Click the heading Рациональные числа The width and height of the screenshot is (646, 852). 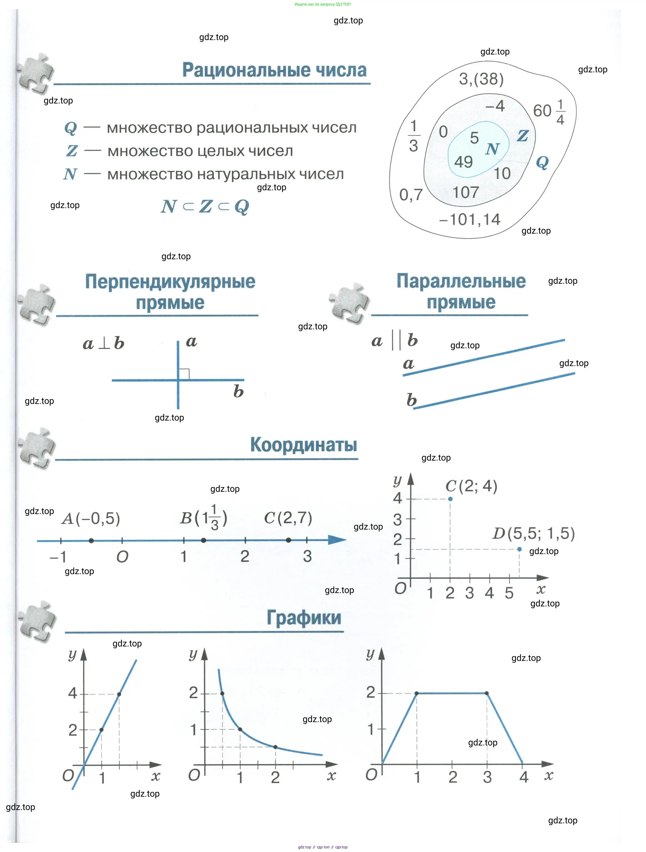tap(274, 70)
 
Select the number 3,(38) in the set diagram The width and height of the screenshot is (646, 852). tap(481, 79)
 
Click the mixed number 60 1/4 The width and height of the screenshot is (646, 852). tap(549, 111)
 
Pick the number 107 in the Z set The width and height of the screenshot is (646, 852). tap(466, 192)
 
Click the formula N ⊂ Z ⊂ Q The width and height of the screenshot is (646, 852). tap(205, 206)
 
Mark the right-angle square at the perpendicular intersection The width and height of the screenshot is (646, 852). tap(184, 374)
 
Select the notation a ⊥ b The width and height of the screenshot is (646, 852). tap(103, 343)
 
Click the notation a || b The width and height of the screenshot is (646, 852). tap(394, 340)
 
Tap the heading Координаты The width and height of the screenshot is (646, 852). tap(304, 444)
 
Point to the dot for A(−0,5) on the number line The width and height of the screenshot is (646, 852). tap(91, 540)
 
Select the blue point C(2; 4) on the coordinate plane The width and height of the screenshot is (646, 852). tap(450, 499)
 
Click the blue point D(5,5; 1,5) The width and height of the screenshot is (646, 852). tap(519, 549)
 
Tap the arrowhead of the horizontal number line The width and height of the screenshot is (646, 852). tap(337, 540)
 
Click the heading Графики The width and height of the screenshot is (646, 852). tap(304, 618)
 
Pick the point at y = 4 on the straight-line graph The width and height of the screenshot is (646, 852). tap(119, 694)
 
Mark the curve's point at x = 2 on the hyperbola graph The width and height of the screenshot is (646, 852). tap(275, 747)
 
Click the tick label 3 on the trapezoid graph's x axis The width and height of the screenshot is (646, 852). tap(487, 777)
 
